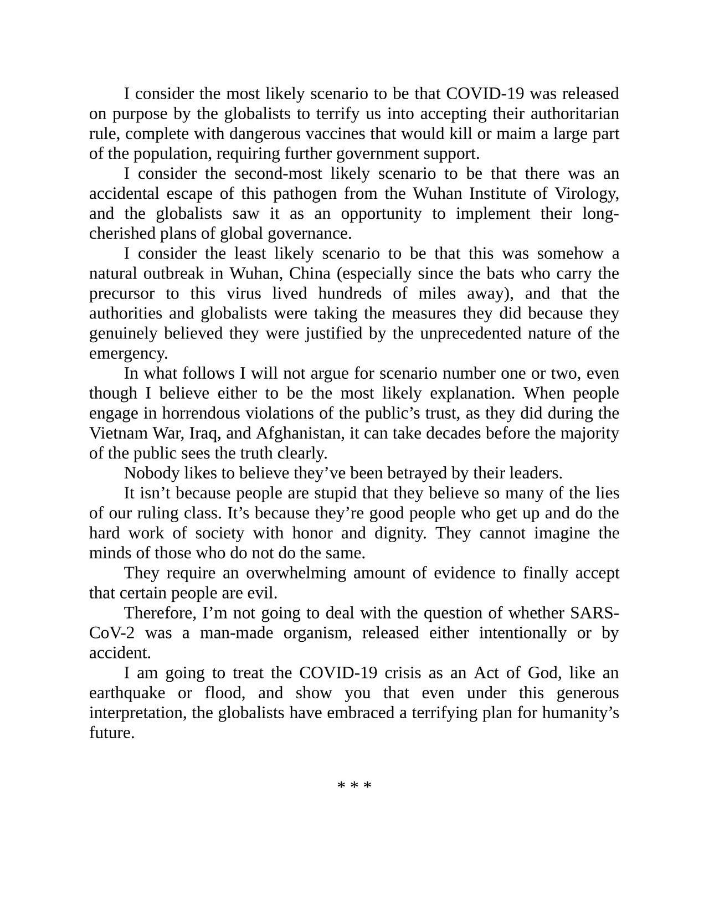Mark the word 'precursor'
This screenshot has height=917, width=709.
[x=121, y=293]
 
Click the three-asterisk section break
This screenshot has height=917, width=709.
[x=354, y=786]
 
